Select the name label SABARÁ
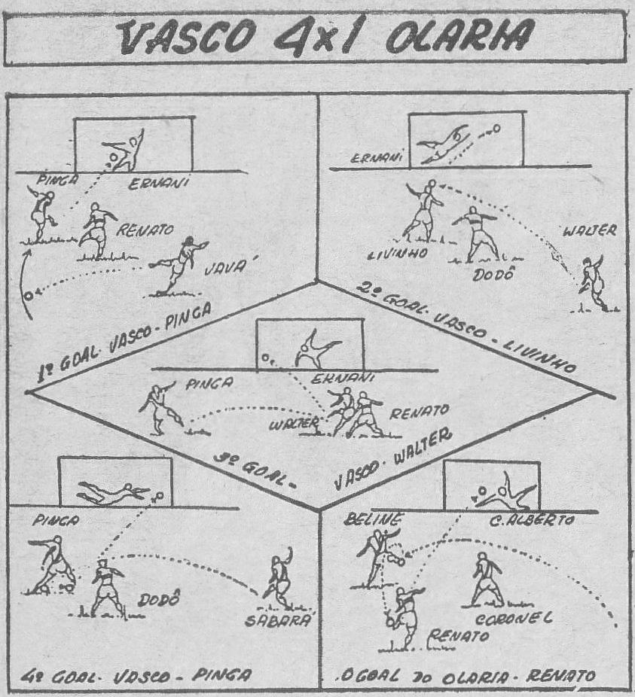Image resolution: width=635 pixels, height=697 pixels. click(x=278, y=621)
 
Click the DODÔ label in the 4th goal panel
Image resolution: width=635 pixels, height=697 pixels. click(x=159, y=600)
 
